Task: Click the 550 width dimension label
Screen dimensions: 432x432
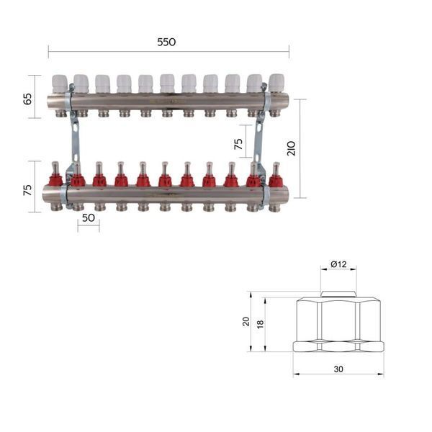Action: click(x=166, y=42)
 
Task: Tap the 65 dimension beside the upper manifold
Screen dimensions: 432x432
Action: click(x=27, y=99)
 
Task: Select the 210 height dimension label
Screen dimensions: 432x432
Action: click(x=291, y=148)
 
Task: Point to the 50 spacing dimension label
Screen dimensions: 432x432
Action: click(x=89, y=218)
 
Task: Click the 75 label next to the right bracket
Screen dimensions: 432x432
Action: click(x=238, y=144)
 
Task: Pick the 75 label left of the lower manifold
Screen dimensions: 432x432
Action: click(x=27, y=190)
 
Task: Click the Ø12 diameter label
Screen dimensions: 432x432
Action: click(x=338, y=264)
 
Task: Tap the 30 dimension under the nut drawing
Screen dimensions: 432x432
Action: click(x=338, y=369)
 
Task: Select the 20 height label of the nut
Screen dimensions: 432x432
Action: click(x=246, y=322)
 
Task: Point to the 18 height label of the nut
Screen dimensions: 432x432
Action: click(x=260, y=324)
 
